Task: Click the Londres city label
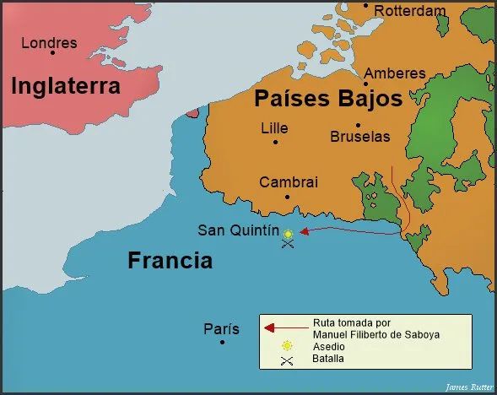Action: [x=48, y=42]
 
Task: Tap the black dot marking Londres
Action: [x=52, y=53]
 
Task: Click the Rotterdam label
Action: [x=409, y=11]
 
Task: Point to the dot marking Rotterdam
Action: [x=366, y=6]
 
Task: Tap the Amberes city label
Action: [x=395, y=73]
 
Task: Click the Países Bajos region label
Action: [x=327, y=100]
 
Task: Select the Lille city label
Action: [x=274, y=128]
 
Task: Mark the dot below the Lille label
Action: [x=275, y=142]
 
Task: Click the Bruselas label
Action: [x=360, y=136]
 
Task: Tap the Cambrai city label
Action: [x=289, y=182]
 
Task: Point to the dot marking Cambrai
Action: [x=287, y=197]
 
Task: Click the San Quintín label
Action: [x=238, y=230]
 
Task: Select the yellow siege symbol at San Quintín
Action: [x=288, y=234]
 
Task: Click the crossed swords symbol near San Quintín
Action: [x=288, y=245]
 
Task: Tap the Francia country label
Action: [x=170, y=260]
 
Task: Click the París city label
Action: [x=221, y=329]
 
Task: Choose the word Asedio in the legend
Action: [x=329, y=346]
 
